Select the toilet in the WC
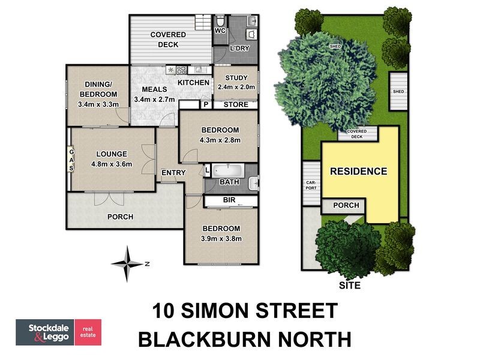[x=220, y=20]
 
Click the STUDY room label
[x=235, y=77]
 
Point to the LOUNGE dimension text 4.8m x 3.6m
[x=111, y=164]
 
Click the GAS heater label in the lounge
[x=71, y=160]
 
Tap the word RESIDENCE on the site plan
[x=358, y=171]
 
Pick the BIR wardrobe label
[x=228, y=199]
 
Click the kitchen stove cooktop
[x=181, y=69]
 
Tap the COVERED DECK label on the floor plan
[x=168, y=40]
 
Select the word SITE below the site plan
[x=349, y=286]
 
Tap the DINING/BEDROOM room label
[x=99, y=90]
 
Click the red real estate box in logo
[x=88, y=332]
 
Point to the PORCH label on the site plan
[x=346, y=205]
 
